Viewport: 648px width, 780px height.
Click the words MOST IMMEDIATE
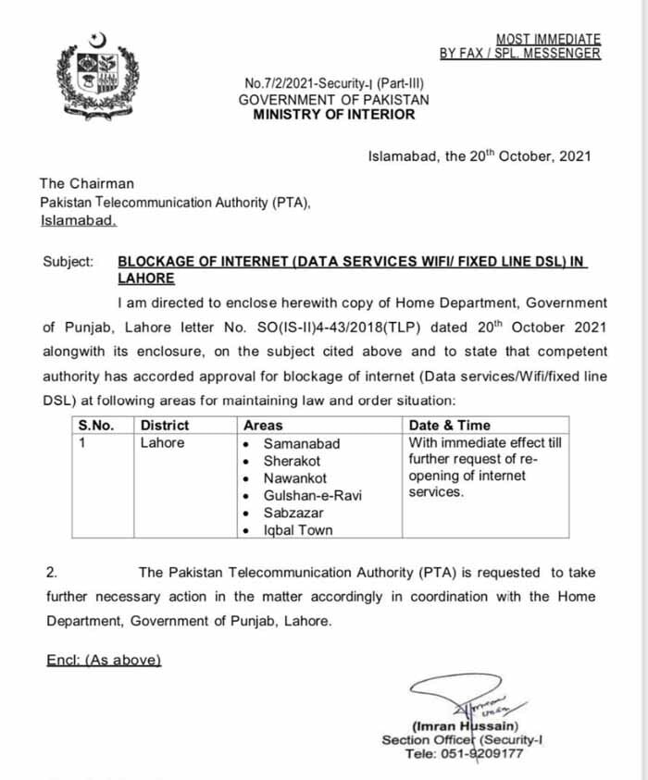548,39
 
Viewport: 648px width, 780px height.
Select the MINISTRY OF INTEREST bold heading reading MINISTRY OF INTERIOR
334,115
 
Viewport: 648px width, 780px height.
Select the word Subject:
69,262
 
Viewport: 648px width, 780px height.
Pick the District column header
164,426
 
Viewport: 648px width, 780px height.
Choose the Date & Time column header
449,426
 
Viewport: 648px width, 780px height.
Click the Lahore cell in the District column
162,443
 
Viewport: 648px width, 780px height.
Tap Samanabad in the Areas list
301,443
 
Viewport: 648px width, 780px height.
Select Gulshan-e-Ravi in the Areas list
312,495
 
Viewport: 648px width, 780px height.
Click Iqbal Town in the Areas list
298,530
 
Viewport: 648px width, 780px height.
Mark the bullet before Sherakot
245,461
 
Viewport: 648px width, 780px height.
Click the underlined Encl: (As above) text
104,660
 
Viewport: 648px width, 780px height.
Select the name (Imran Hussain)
465,726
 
